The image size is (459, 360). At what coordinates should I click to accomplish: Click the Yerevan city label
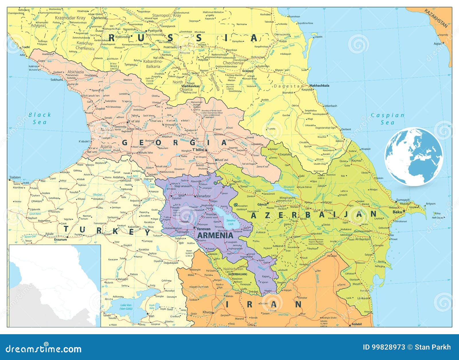[204, 229]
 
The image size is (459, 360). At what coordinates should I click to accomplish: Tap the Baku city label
[398, 212]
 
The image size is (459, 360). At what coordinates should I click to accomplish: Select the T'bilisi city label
[198, 150]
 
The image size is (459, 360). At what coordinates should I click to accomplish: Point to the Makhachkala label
[319, 85]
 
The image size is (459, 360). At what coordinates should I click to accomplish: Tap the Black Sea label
[40, 118]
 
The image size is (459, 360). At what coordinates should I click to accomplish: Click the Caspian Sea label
[387, 119]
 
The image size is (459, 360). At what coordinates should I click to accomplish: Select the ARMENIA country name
[215, 235]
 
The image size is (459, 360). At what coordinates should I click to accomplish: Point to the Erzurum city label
[60, 239]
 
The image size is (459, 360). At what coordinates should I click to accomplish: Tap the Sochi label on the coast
[26, 47]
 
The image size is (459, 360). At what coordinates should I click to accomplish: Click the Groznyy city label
[248, 71]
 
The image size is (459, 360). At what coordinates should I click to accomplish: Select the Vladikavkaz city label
[190, 86]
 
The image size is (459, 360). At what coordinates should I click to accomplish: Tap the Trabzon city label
[15, 177]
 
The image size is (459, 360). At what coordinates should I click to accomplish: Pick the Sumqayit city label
[403, 200]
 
